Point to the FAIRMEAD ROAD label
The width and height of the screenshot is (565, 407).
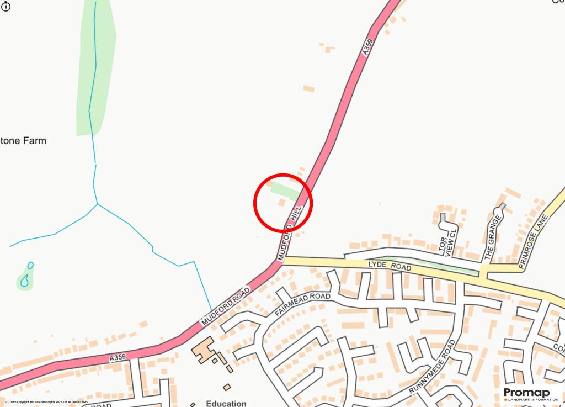(302, 305)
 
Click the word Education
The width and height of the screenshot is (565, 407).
(226, 403)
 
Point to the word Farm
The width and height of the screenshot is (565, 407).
(35, 141)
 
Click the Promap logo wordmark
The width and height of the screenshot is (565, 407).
(527, 392)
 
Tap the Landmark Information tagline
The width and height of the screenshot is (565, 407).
(530, 400)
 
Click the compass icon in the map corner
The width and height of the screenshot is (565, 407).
(6, 6)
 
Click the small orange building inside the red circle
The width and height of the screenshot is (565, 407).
(281, 203)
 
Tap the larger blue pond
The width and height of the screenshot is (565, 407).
(24, 282)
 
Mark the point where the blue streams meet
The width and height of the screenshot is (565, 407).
(98, 204)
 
